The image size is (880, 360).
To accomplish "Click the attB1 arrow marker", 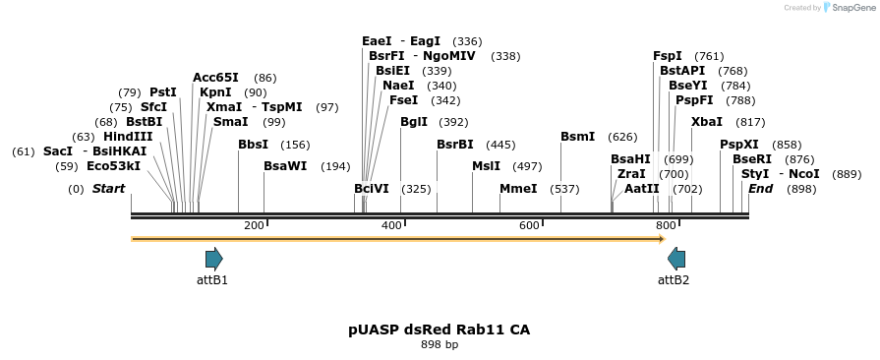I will (213, 259).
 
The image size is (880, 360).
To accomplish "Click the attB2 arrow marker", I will (676, 259).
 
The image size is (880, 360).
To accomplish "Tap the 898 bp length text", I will (440, 345).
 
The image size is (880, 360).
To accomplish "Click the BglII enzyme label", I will (414, 122).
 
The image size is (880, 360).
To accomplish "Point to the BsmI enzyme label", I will (577, 137).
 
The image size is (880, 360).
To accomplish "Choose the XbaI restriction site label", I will (707, 122).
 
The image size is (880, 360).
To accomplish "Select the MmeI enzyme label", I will (518, 188).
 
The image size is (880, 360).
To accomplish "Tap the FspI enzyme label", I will (668, 56).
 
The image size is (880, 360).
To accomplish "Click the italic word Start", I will (108, 188).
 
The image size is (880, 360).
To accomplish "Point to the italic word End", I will (760, 188).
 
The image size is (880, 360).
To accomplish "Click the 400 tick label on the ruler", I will (391, 226).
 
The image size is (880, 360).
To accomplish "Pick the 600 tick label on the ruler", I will (529, 226).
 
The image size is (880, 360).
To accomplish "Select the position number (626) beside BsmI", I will (622, 137).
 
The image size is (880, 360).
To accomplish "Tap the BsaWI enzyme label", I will (285, 166).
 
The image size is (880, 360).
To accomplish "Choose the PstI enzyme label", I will (163, 92).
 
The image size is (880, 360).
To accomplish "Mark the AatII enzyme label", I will (642, 188).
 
